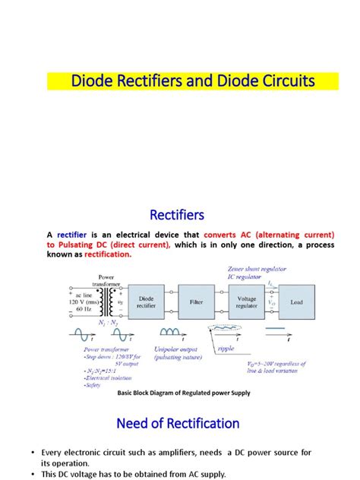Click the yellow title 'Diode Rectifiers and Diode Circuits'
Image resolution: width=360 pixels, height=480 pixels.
tap(191, 81)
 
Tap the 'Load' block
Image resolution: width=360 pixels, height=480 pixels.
tap(295, 302)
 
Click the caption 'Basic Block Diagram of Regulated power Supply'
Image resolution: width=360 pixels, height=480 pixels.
tap(183, 393)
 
